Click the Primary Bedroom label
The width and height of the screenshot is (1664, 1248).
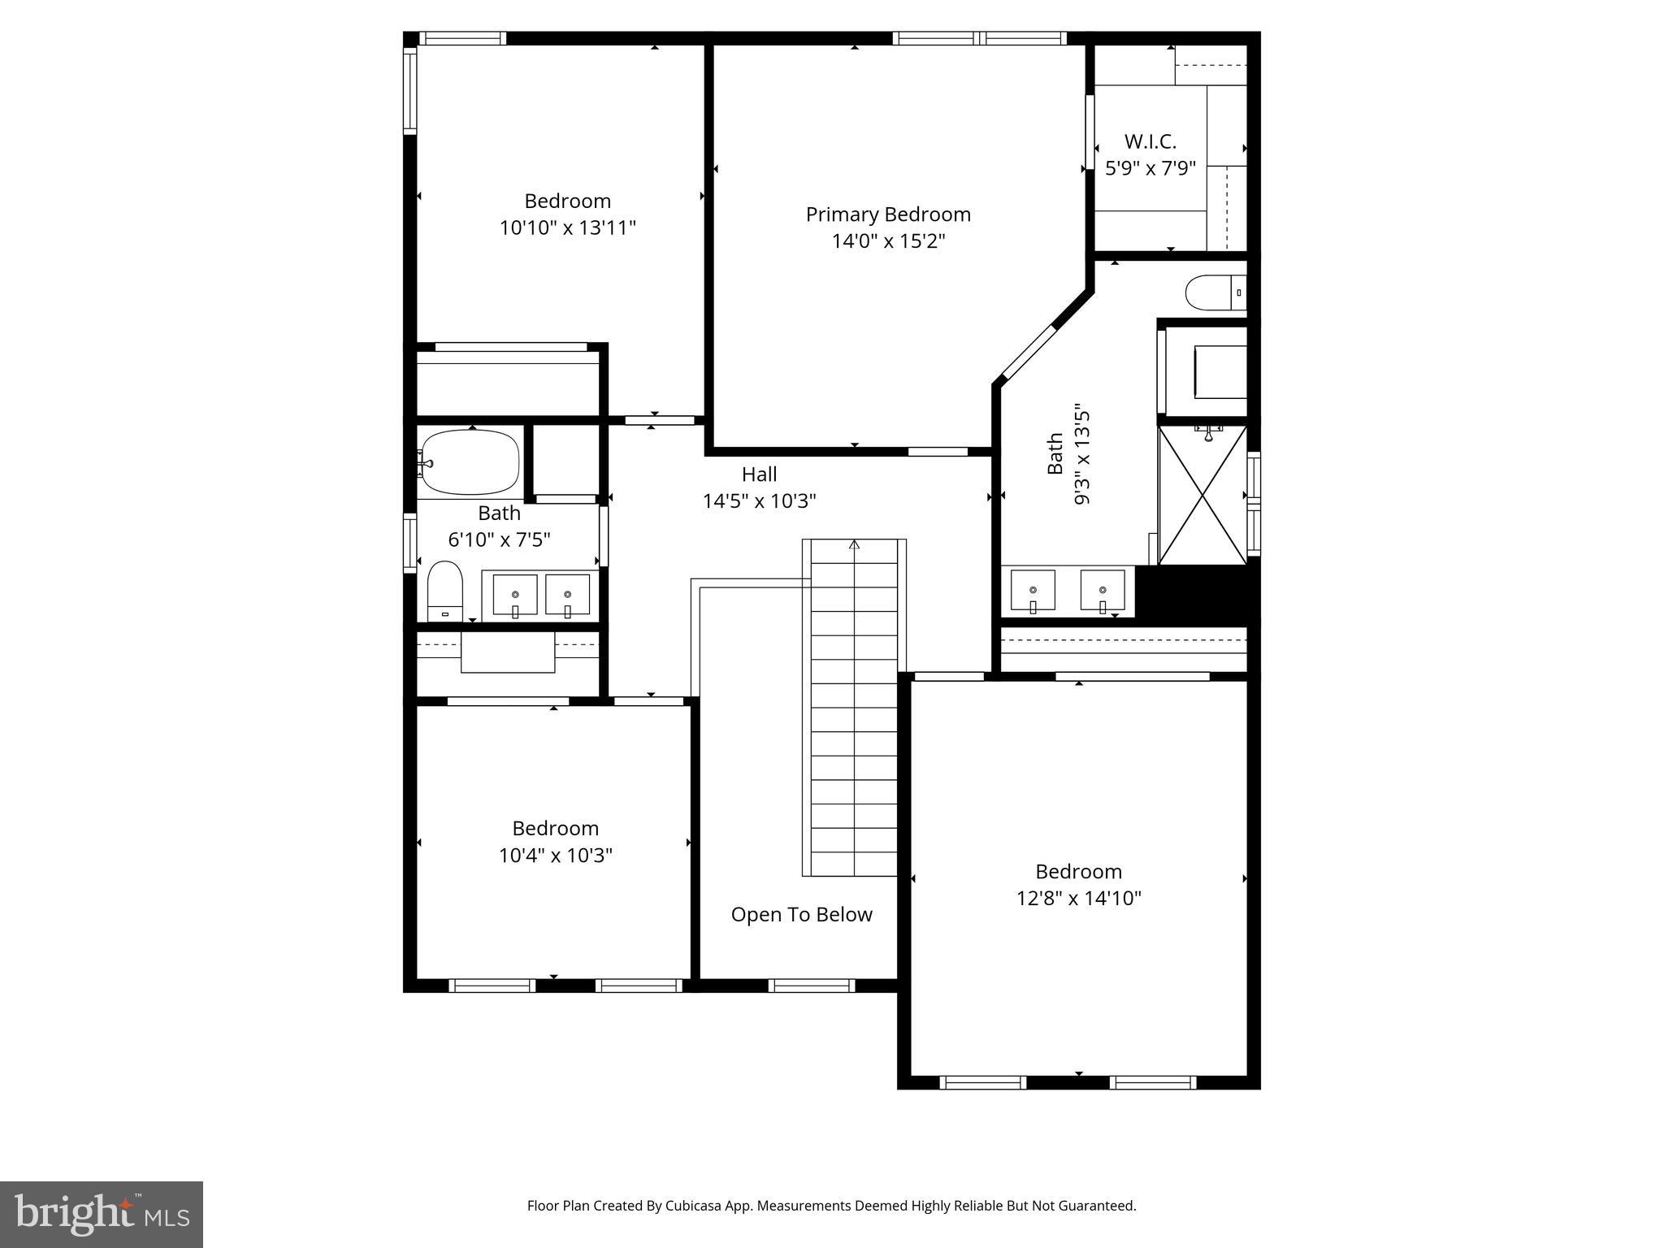point(888,214)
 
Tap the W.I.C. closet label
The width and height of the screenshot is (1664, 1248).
point(1150,142)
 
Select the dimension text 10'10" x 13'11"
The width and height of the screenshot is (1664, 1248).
point(567,227)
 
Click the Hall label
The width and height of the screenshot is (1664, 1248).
point(759,474)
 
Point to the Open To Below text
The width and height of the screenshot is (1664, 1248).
point(801,915)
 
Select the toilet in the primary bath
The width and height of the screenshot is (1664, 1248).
point(1214,293)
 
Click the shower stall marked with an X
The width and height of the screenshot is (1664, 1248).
point(1202,496)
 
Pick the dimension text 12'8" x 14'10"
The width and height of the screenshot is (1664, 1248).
point(1078,899)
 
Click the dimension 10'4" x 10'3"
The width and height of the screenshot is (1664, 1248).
point(555,856)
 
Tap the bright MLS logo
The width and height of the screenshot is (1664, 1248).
point(102,1214)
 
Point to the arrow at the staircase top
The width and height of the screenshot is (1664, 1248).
point(854,544)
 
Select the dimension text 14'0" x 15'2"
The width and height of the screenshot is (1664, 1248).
point(888,241)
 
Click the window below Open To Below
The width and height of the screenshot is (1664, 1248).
point(811,986)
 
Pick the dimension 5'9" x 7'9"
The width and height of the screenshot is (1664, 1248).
point(1150,169)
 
